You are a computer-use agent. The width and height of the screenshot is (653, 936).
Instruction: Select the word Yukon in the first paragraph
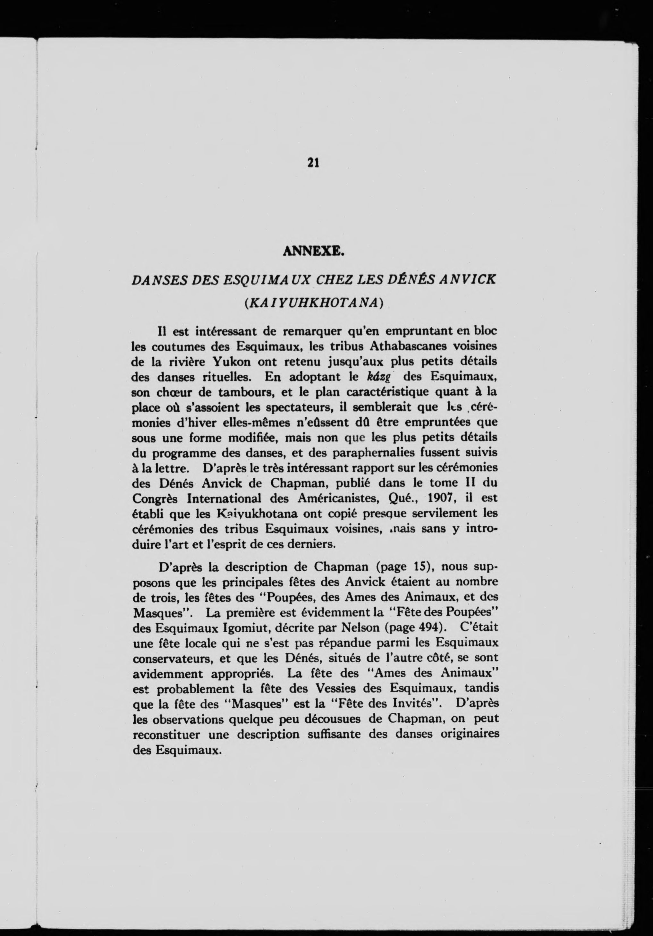tap(232, 362)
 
